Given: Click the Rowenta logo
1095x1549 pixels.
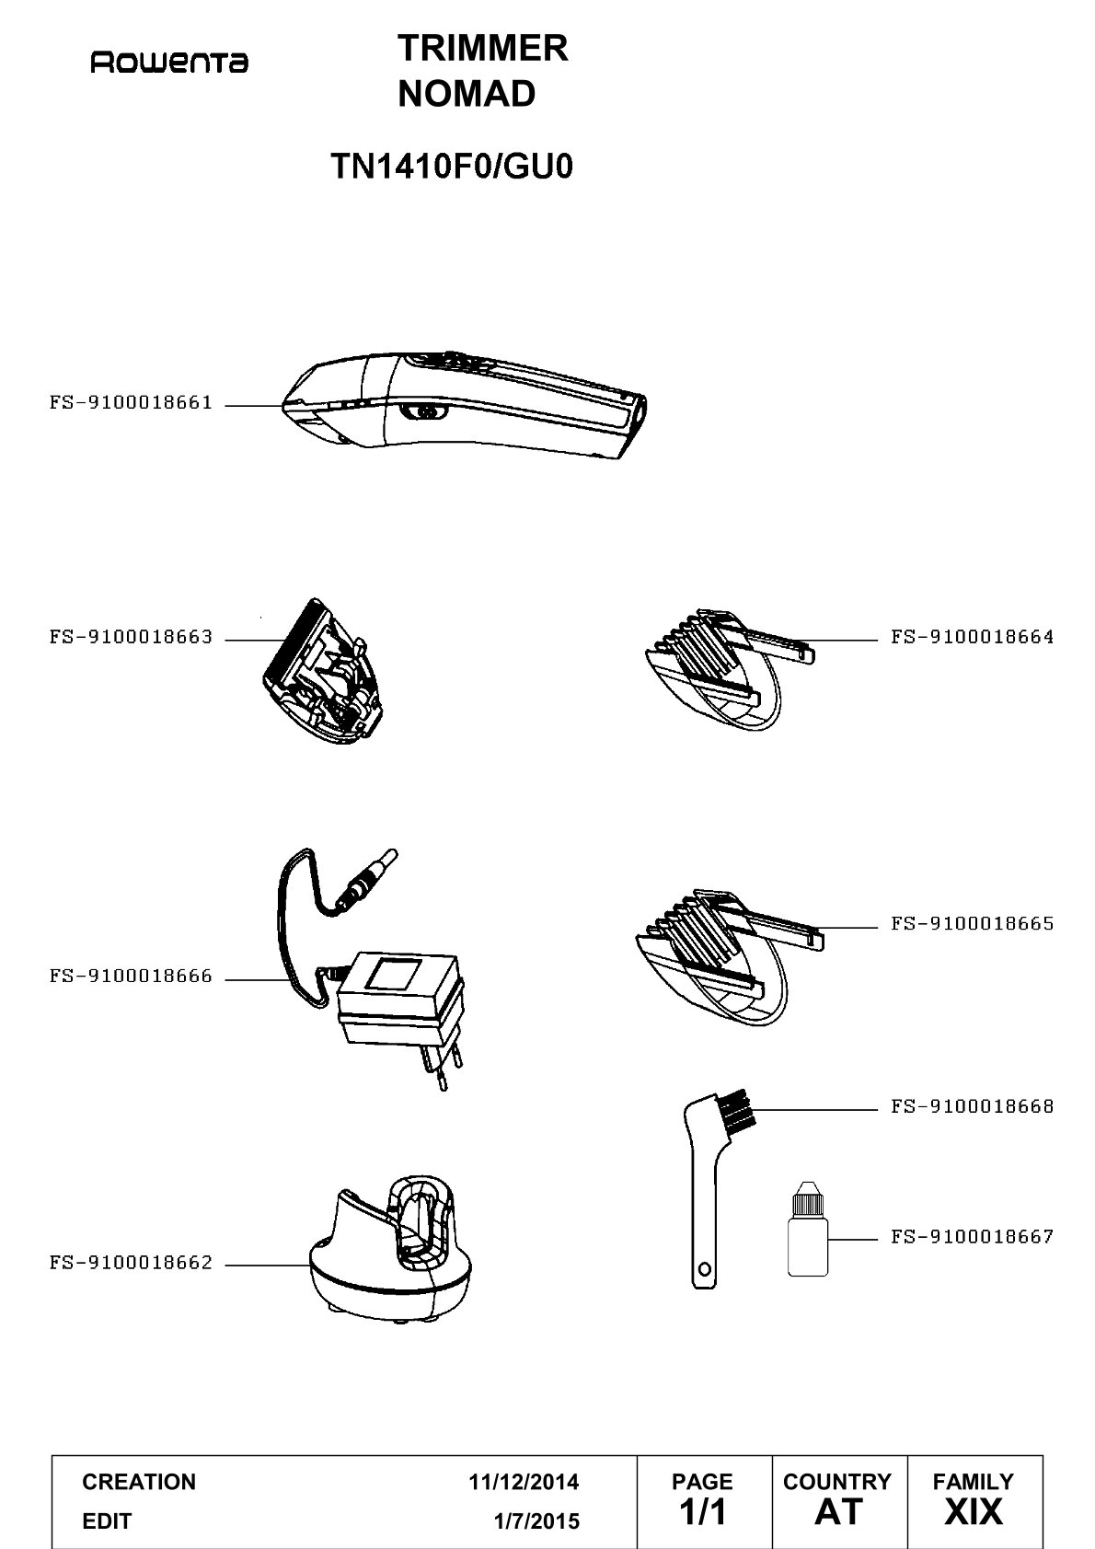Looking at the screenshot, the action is click(169, 63).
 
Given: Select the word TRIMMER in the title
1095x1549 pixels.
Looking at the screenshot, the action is click(482, 49).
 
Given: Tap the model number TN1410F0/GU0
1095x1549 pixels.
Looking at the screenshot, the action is click(452, 166).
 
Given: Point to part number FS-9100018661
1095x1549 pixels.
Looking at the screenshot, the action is click(131, 402).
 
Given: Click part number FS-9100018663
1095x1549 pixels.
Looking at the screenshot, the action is click(131, 636).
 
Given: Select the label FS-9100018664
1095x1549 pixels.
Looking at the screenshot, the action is click(972, 636).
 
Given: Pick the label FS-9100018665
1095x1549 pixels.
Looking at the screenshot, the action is click(972, 923).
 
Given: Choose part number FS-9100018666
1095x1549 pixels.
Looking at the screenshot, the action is click(131, 976).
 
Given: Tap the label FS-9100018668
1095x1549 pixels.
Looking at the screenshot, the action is click(972, 1106).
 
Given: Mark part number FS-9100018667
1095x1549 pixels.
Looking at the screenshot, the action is click(972, 1236).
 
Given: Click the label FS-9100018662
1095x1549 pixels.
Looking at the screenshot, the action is click(131, 1263).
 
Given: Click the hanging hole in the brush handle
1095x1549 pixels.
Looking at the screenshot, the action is click(705, 1269).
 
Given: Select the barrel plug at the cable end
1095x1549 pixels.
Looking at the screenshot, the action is click(366, 878).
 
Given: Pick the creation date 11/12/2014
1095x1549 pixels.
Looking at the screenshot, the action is click(524, 1481).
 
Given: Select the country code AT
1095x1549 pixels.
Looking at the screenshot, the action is click(839, 1511).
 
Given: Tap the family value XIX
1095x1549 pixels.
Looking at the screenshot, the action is click(974, 1511).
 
